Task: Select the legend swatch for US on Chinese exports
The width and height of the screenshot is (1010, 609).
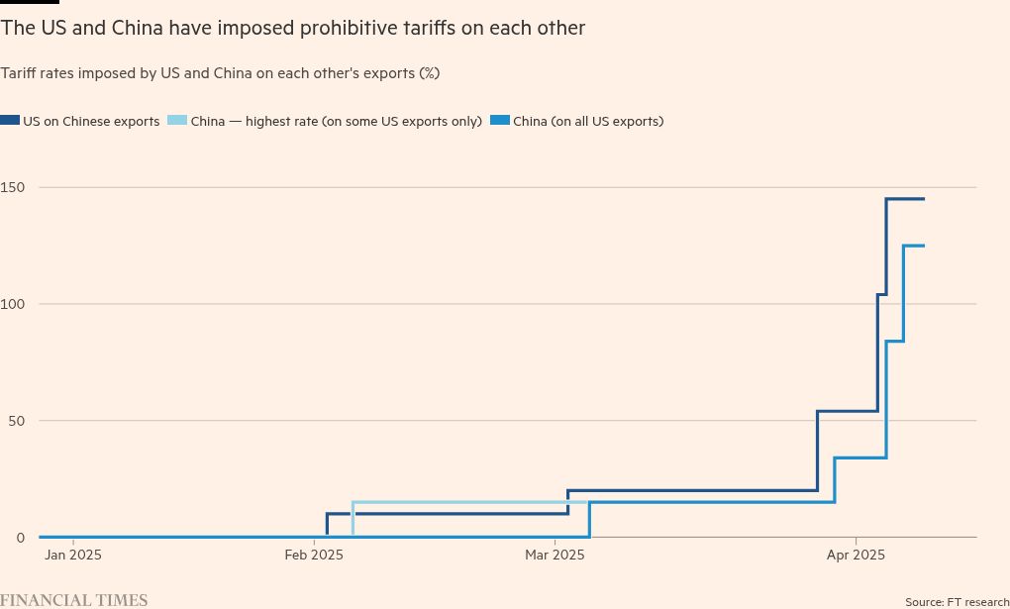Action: [x=10, y=121]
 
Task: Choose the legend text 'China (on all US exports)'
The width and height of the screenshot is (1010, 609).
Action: [x=587, y=122]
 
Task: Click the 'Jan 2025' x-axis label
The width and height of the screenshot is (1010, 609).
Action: [x=72, y=556]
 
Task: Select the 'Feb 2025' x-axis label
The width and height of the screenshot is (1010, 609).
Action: [x=314, y=556]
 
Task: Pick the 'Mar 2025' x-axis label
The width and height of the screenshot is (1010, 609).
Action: [x=555, y=556]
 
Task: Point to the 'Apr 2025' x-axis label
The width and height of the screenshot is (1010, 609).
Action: [x=856, y=556]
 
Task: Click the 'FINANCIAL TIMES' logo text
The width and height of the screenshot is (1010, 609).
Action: [x=74, y=600]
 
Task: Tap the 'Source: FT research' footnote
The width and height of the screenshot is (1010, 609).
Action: [x=957, y=602]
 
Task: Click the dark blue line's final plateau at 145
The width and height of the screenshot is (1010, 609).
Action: [x=905, y=199]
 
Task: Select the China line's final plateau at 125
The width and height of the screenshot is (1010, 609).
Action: [x=914, y=246]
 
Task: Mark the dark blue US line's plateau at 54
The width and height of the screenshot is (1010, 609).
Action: [x=848, y=411]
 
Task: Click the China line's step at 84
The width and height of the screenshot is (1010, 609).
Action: [x=894, y=341]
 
